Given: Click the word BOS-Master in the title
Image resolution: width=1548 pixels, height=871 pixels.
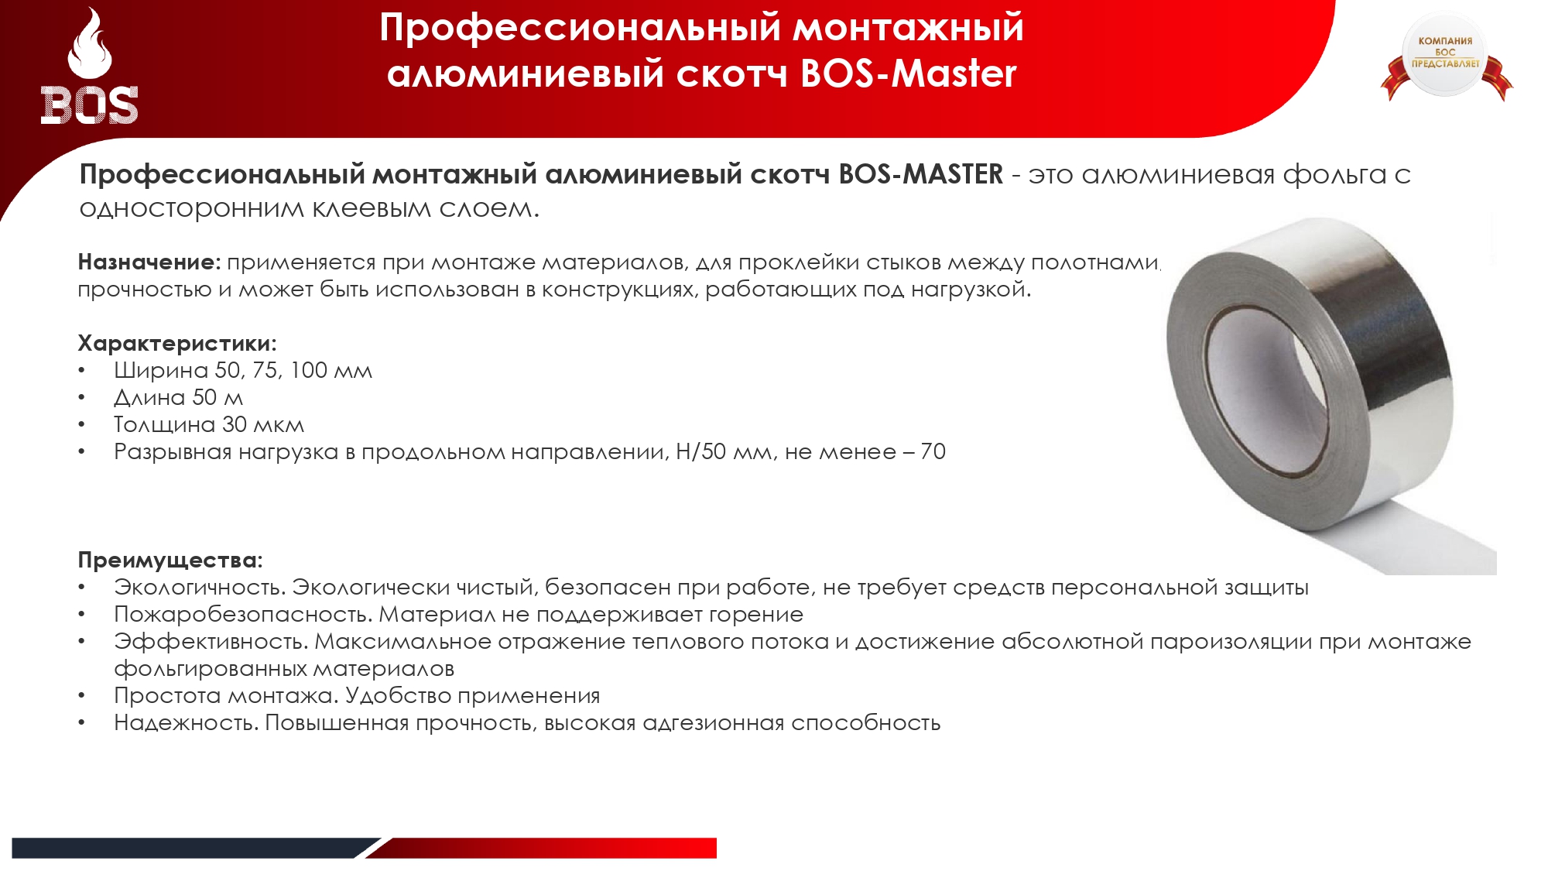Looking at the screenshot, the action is click(x=908, y=74).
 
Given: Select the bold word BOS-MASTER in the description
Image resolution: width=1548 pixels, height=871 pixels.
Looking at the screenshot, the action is click(x=920, y=174).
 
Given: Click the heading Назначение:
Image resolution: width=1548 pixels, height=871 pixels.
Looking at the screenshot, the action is click(x=149, y=262).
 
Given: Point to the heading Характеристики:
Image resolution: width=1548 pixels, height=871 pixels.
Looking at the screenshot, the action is click(x=177, y=344).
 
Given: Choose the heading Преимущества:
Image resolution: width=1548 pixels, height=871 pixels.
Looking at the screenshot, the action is click(x=170, y=561).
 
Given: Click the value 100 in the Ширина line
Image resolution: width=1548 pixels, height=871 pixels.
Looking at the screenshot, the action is click(x=309, y=371).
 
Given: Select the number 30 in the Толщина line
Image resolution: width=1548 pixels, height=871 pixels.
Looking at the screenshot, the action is click(x=235, y=425).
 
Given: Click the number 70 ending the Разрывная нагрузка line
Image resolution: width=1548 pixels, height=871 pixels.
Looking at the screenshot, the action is click(x=933, y=452).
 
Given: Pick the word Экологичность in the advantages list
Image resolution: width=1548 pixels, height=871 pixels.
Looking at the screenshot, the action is click(x=199, y=588).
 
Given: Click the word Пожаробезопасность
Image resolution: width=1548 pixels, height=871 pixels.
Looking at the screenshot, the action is click(x=243, y=615).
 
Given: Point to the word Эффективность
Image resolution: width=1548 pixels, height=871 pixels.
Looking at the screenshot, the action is click(x=211, y=642).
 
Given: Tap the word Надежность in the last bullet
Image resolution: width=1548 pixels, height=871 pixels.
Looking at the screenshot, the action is click(x=184, y=723).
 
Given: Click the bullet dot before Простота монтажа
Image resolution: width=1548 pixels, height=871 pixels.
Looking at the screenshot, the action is click(x=81, y=696).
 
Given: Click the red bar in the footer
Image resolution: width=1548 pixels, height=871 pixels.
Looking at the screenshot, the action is click(x=542, y=848).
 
